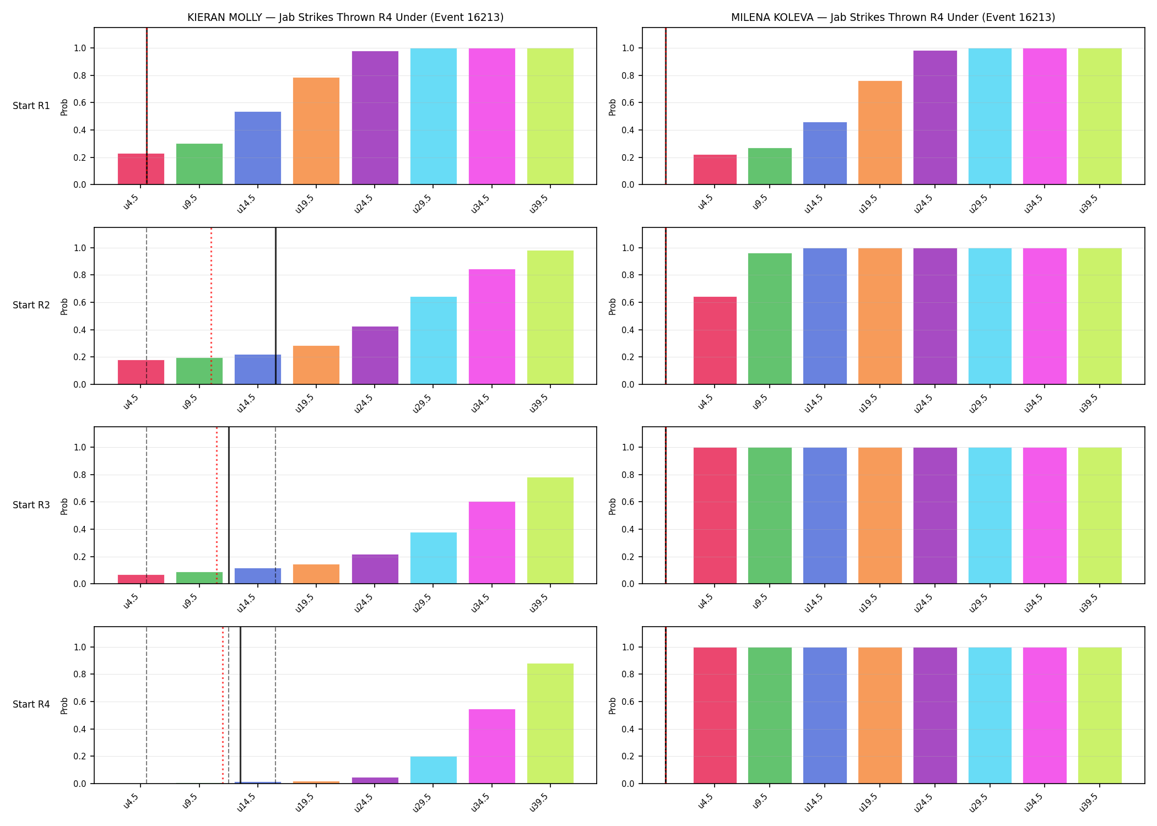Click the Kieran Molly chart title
pos(345,17)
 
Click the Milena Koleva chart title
pos(893,17)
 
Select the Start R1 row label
pos(31,106)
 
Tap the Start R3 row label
pos(31,505)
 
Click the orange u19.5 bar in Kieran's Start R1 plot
pos(316,131)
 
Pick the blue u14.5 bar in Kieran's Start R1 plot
pos(258,148)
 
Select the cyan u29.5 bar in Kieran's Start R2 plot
pos(434,340)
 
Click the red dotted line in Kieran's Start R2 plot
pos(211,306)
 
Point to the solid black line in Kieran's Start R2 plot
pos(275,306)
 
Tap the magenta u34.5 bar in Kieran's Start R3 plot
pos(492,542)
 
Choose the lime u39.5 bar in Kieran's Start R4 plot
pos(550,724)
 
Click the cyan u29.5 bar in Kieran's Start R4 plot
pos(434,770)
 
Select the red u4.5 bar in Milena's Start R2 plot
pos(715,340)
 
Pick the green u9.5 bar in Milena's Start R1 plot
pos(770,166)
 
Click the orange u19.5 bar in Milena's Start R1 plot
pos(880,133)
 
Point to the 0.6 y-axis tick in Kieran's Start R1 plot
pos(80,103)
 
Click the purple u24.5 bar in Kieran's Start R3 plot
pos(375,569)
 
